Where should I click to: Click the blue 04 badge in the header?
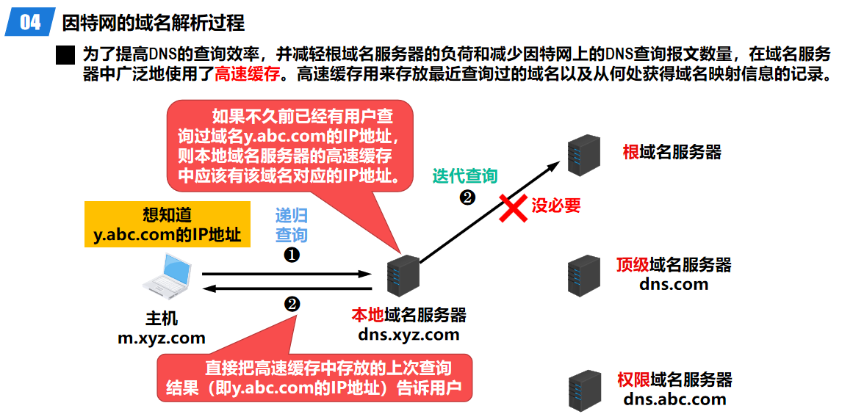click(29, 23)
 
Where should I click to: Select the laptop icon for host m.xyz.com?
click(168, 278)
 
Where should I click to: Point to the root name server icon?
click(585, 154)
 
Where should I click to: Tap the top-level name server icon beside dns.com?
click(583, 275)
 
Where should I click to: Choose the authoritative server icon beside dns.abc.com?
click(584, 391)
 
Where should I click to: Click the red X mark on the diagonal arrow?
click(513, 206)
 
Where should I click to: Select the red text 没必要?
click(556, 206)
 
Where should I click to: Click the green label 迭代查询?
click(464, 176)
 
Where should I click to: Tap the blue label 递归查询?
click(292, 225)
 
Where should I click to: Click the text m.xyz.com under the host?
click(162, 338)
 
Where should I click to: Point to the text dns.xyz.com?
click(408, 335)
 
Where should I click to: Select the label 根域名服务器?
click(672, 152)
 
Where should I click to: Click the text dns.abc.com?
click(674, 399)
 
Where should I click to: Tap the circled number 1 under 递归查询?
click(292, 254)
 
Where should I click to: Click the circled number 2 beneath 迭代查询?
click(467, 197)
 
